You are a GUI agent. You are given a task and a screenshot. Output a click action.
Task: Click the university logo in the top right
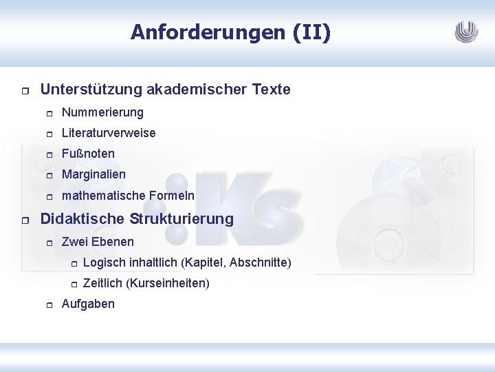point(466,32)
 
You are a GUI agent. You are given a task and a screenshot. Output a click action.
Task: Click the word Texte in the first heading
point(272,90)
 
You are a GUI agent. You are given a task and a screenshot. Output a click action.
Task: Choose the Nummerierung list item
point(102,112)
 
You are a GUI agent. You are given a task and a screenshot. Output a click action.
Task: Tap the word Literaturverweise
point(109,133)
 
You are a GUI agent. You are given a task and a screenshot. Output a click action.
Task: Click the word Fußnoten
point(88,154)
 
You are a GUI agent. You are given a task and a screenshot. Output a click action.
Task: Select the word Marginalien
point(93,174)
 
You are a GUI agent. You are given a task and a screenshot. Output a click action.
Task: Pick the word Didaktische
point(80,219)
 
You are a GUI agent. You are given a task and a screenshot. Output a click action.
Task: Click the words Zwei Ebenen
point(98,242)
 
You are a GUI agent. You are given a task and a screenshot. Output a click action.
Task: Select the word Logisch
point(103,262)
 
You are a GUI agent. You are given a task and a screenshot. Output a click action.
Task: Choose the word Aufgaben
point(88,304)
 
